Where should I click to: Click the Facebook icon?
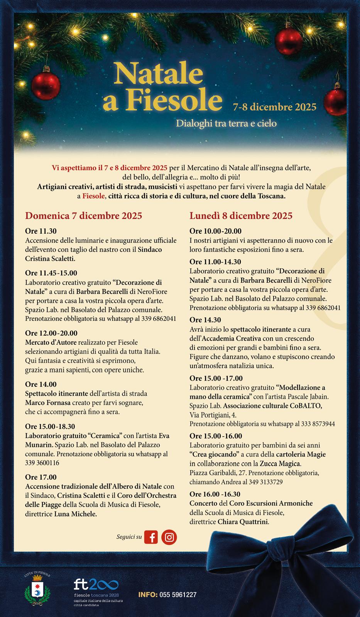tap(151, 537)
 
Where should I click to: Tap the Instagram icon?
tap(169, 537)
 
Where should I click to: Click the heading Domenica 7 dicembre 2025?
tap(84, 216)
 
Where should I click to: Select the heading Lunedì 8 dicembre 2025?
tap(241, 216)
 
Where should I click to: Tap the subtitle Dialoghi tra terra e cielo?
tap(226, 124)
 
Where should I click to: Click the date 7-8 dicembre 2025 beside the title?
tap(274, 107)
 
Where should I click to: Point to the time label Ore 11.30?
tap(41, 231)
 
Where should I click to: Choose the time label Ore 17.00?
tap(41, 477)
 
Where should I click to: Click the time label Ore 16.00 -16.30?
tap(215, 494)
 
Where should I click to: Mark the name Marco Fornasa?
tap(47, 403)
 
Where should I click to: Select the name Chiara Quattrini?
tap(243, 522)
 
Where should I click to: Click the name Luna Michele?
tap(75, 514)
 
